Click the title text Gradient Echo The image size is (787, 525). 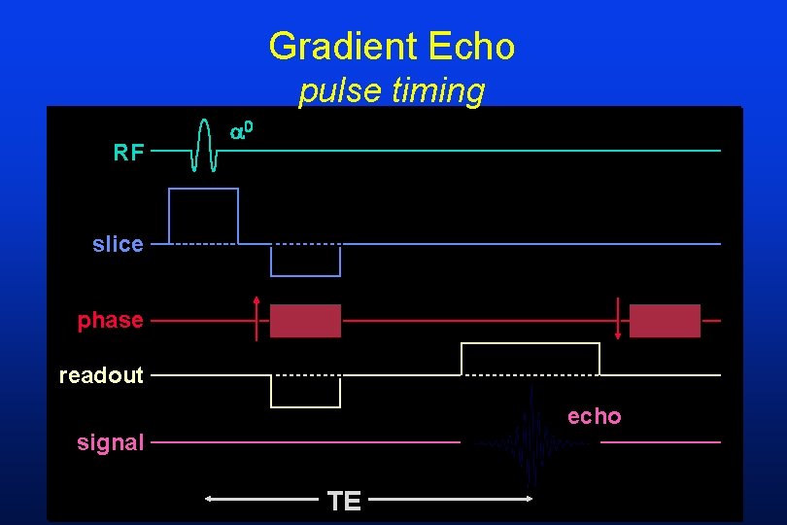(392, 46)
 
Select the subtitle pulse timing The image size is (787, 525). (392, 90)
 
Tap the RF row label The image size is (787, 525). (129, 152)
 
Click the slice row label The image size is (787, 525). (118, 244)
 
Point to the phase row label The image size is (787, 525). (111, 320)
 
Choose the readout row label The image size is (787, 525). (101, 374)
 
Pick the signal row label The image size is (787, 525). (111, 442)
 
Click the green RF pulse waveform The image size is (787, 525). (204, 145)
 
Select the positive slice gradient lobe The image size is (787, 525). (203, 215)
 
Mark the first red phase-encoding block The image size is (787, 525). (305, 321)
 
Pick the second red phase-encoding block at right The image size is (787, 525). (665, 321)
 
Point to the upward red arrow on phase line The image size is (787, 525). (257, 317)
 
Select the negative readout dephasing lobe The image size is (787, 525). (305, 391)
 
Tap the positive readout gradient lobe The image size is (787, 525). (530, 359)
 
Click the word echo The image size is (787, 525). (594, 416)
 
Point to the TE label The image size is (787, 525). (345, 501)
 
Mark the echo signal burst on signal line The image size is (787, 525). (531, 439)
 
